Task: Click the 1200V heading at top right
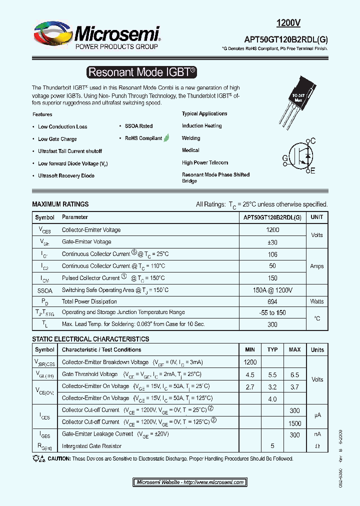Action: (x=288, y=22)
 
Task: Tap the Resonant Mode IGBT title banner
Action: (x=141, y=72)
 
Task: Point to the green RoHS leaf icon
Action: (x=166, y=137)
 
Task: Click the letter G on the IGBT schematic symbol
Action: (x=285, y=158)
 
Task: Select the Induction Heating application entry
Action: (x=201, y=126)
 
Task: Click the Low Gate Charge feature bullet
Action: (x=57, y=139)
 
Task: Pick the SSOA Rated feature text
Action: (x=138, y=126)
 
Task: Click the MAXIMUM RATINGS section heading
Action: (x=60, y=204)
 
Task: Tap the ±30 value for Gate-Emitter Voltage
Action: (x=272, y=242)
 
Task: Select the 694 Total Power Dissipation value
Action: (x=272, y=301)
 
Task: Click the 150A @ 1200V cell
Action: (x=272, y=290)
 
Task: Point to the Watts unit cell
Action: (x=317, y=301)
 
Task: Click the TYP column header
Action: (x=272, y=349)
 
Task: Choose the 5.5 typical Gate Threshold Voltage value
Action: (x=272, y=374)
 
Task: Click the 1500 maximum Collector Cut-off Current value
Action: (x=294, y=423)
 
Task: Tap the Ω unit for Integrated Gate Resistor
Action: (x=317, y=446)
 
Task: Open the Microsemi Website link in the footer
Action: (x=190, y=482)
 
